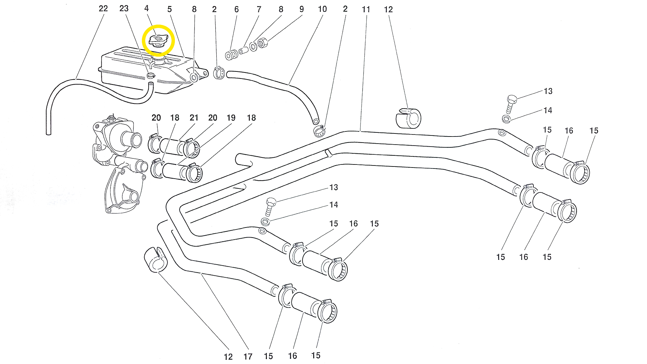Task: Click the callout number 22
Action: tap(103, 8)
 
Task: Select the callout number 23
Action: tap(124, 8)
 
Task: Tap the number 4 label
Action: tap(147, 8)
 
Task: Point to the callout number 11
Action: tap(366, 9)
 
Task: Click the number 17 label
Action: tap(248, 357)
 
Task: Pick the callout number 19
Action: tap(231, 118)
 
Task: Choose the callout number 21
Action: tap(194, 118)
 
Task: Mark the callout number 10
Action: tap(322, 9)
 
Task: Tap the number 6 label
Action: tap(237, 9)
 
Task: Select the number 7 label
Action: tap(259, 9)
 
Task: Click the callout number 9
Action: tap(302, 9)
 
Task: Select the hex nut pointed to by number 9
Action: tap(262, 43)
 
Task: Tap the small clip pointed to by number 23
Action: tap(151, 75)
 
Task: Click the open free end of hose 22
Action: tap(49, 133)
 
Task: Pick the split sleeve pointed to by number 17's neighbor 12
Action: tap(156, 260)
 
